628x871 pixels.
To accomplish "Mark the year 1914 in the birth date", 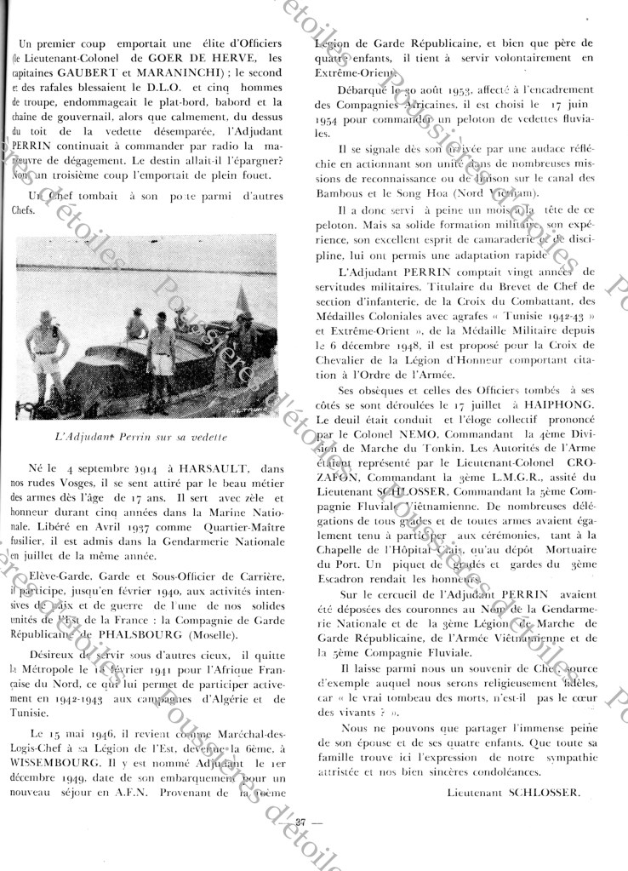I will pos(125,467).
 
